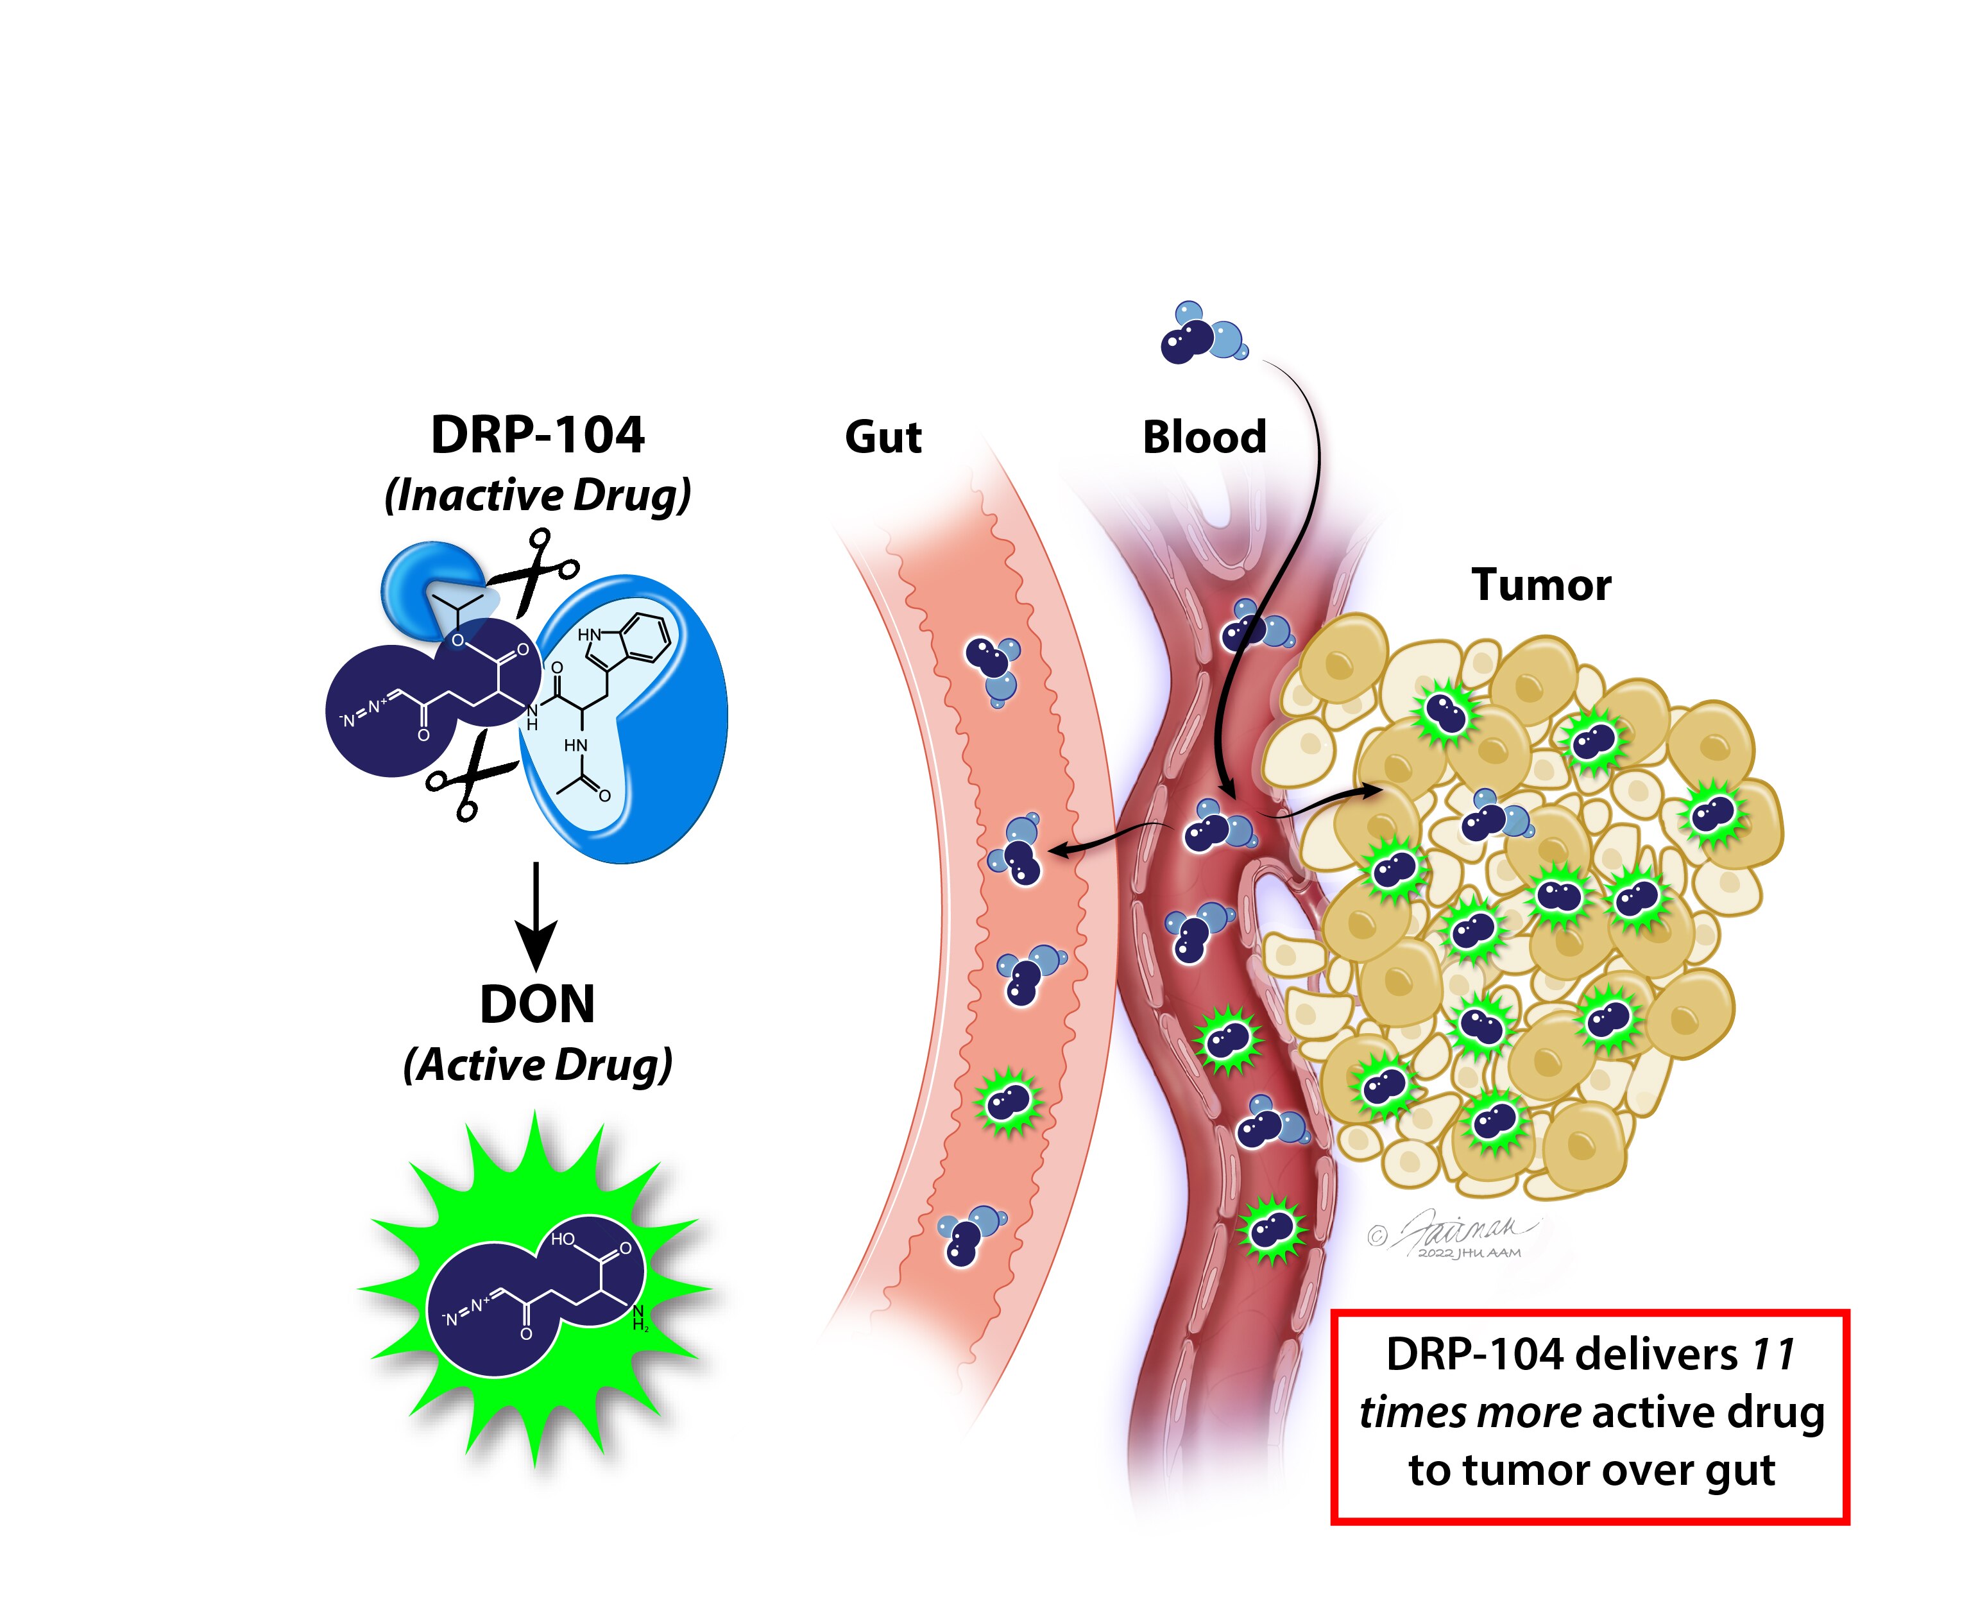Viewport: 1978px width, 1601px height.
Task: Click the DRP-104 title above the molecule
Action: click(537, 435)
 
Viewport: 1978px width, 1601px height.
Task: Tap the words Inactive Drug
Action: click(538, 495)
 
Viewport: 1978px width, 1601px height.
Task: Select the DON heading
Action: click(538, 1004)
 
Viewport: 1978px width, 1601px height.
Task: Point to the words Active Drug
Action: click(538, 1065)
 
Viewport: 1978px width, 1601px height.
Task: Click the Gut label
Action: click(882, 437)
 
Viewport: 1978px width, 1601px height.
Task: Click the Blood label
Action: click(1204, 437)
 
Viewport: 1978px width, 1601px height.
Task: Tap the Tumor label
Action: click(1541, 585)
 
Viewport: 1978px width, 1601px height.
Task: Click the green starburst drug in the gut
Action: click(1009, 1102)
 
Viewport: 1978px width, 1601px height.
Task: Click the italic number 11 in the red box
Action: click(1772, 1355)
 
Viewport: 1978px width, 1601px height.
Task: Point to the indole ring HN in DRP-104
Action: click(589, 635)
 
